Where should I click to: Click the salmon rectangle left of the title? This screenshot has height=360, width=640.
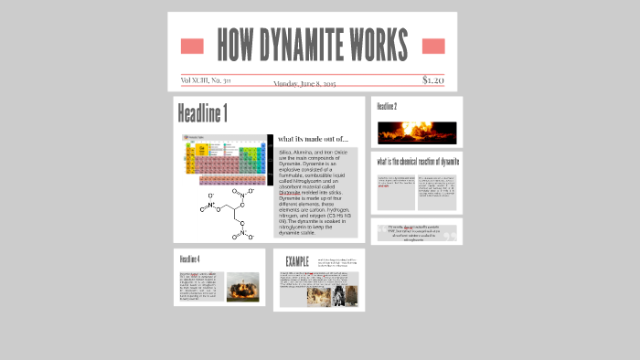192,46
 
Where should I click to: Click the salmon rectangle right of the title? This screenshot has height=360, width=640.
433,46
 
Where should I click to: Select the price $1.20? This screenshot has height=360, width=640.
433,80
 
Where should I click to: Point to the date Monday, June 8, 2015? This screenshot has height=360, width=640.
304,83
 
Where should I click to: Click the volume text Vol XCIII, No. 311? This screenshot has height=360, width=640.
206,80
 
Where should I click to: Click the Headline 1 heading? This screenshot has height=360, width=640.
202,114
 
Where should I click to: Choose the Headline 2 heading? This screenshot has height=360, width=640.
387,107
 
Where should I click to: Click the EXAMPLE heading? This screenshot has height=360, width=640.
297,262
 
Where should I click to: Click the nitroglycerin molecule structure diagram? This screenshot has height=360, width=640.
223,216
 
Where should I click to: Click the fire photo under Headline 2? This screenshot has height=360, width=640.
416,132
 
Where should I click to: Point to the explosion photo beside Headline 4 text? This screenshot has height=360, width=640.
242,286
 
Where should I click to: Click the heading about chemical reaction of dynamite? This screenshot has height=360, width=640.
417,162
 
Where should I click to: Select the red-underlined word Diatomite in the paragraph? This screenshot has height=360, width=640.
289,192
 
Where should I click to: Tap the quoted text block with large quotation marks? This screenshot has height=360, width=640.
417,232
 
